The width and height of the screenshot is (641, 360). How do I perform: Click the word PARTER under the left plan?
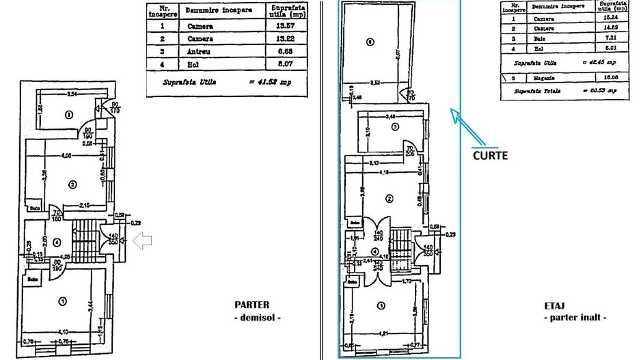tap(251, 305)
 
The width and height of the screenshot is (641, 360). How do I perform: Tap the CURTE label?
tap(490, 155)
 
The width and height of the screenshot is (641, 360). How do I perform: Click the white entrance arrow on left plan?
tap(143, 240)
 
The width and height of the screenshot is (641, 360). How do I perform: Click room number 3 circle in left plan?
tap(68, 114)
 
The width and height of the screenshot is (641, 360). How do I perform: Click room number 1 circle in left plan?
tap(63, 301)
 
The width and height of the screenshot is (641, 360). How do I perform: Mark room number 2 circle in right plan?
tap(389, 199)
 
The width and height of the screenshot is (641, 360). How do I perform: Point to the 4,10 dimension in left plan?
tap(63, 332)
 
